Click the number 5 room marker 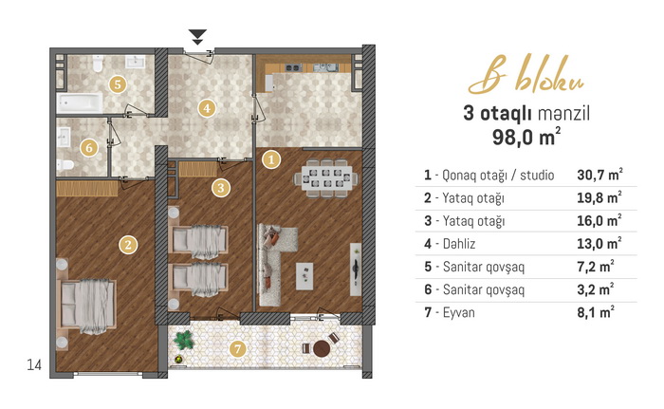pos(118,84)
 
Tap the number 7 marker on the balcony pos(237,349)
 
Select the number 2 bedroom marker pos(128,245)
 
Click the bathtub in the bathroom pos(80,103)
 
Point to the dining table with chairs pos(325,178)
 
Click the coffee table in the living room pos(304,276)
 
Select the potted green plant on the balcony pos(183,340)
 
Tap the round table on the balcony pos(322,349)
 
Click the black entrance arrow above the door pos(197,37)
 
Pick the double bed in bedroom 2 pos(87,305)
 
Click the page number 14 pos(34,364)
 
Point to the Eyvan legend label pos(458,313)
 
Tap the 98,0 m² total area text pos(526,137)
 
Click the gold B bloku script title pos(526,75)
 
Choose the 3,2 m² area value pos(596,289)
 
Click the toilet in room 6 pos(65,164)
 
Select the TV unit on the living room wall pos(356,270)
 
